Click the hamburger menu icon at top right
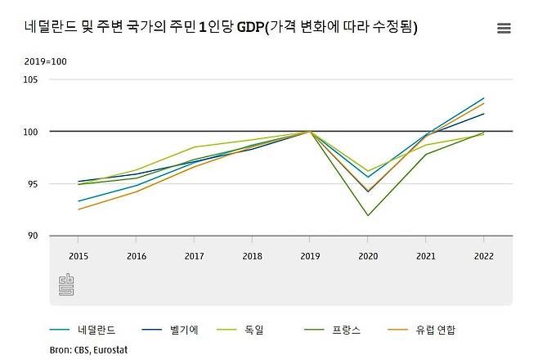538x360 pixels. click(504, 28)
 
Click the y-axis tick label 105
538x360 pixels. click(33, 79)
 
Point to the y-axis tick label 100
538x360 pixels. click(33, 132)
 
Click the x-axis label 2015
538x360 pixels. click(78, 255)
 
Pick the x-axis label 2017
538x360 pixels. click(194, 255)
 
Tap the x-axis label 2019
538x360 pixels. click(310, 255)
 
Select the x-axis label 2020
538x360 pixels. click(368, 255)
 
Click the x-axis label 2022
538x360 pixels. click(483, 255)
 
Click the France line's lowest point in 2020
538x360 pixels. click(368, 216)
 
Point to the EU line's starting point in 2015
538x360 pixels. click(78, 209)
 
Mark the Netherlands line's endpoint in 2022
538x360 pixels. click(483, 98)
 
